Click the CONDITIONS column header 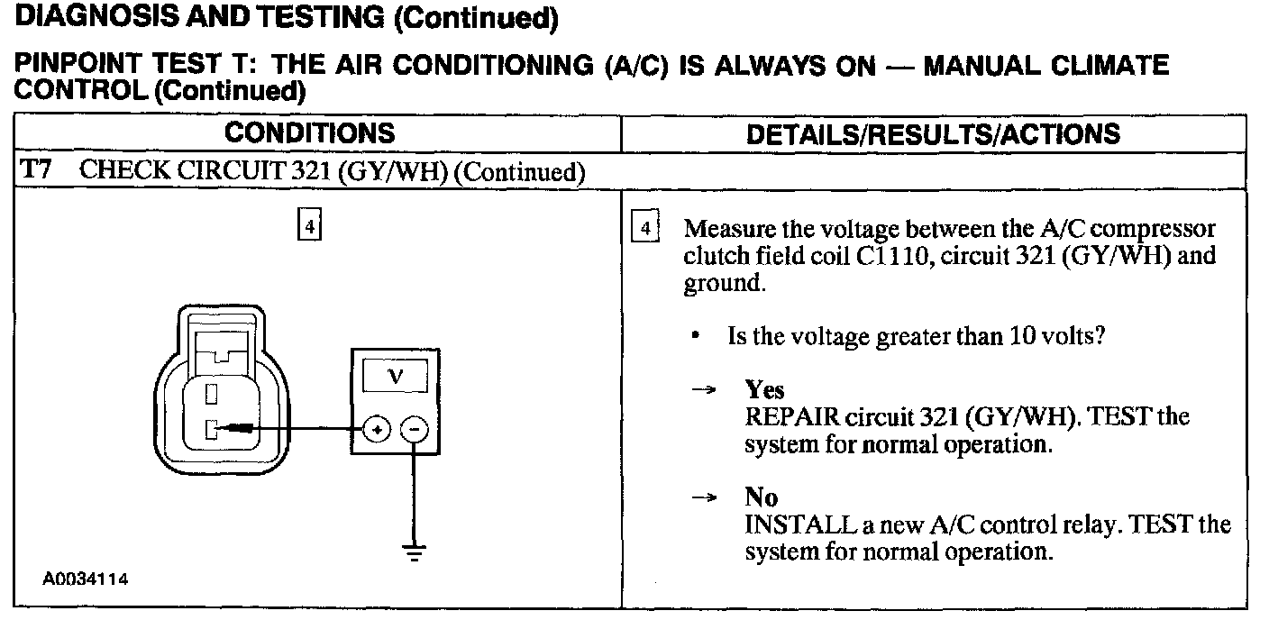[x=309, y=133]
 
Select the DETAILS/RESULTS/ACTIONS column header [x=935, y=134]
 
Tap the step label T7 [x=34, y=171]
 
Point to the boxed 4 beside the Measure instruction [x=645, y=227]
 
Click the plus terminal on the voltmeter [x=376, y=430]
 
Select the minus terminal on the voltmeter [x=413, y=430]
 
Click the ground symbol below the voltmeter [x=414, y=552]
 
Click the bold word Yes [x=764, y=390]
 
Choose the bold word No [x=761, y=497]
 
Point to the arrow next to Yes [x=703, y=390]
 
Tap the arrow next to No [x=703, y=497]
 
